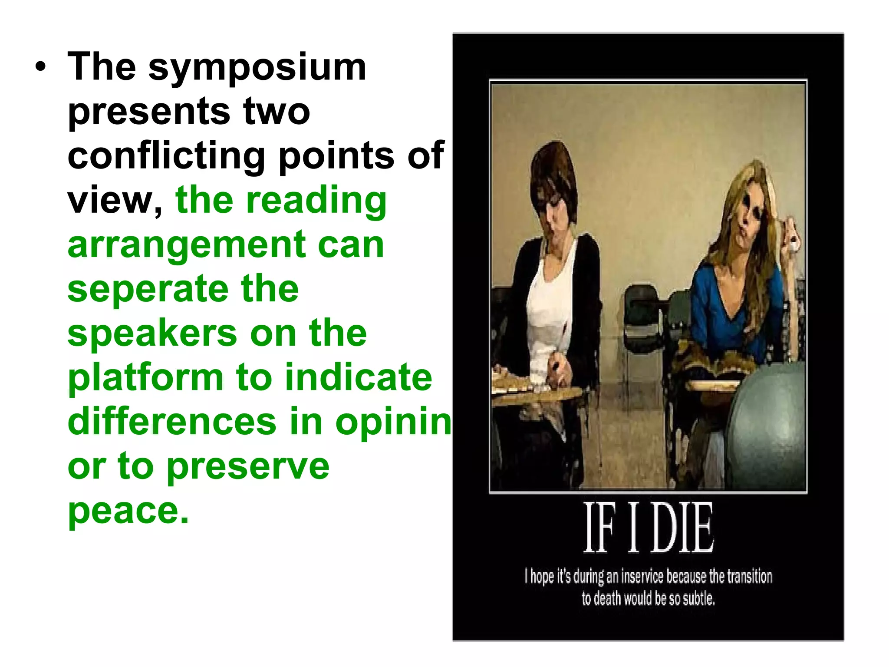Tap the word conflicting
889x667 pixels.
(166, 156)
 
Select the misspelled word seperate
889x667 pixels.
(148, 289)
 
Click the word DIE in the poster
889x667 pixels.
(682, 528)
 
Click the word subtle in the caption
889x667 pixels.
(698, 599)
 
